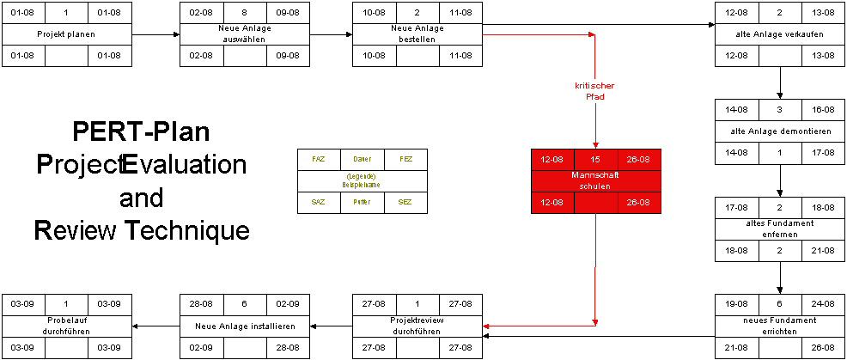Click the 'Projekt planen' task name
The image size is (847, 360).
[x=66, y=34]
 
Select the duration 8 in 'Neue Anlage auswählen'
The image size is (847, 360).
[x=245, y=14]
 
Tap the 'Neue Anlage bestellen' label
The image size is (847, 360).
[x=417, y=34]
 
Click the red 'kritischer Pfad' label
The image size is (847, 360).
[x=594, y=91]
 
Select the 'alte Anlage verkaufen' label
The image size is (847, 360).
[x=780, y=34]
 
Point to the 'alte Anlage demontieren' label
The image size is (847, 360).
[x=780, y=132]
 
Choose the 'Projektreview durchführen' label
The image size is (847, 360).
[x=417, y=326]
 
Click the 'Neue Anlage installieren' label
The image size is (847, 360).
[x=245, y=326]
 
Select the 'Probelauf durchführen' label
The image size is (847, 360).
[x=66, y=326]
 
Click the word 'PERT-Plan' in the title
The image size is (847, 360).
[x=141, y=133]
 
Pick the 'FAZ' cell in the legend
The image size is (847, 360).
[x=319, y=159]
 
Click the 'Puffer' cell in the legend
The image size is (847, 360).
[x=362, y=202]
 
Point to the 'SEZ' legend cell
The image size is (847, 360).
[x=404, y=202]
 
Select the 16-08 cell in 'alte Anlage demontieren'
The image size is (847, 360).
[x=823, y=111]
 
